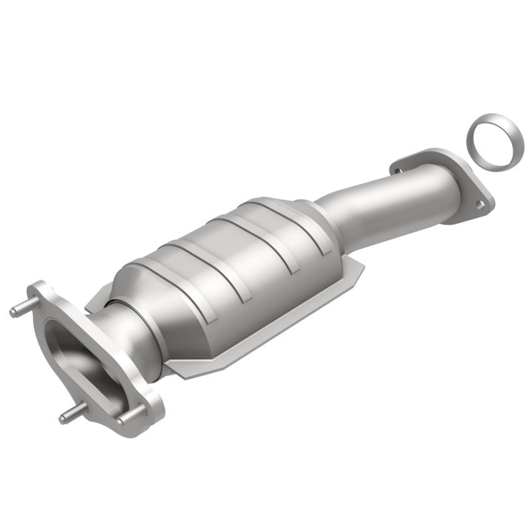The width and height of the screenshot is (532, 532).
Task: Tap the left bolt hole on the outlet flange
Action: pos(400,170)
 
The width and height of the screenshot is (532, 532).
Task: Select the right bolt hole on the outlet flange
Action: pos(481,205)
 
